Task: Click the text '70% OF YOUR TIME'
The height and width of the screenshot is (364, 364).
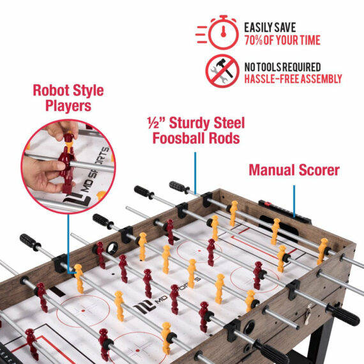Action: pos(282,41)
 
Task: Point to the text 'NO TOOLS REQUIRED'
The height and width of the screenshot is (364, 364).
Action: pos(283,67)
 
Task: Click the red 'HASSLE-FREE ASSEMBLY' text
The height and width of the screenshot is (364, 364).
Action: pos(293,79)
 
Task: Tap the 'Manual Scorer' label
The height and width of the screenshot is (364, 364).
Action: pos(294,170)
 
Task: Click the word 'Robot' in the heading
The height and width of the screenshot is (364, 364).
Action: pos(50,90)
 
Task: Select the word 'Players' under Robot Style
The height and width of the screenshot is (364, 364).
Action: pos(68,106)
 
